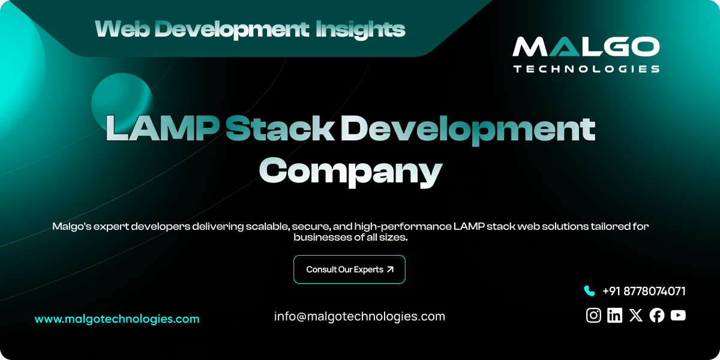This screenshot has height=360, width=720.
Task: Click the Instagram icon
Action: pyautogui.click(x=593, y=315)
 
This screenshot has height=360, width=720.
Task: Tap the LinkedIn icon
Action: pyautogui.click(x=614, y=315)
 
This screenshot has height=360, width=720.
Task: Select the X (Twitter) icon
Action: pyautogui.click(x=636, y=315)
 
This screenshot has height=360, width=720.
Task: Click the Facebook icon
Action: pyautogui.click(x=657, y=315)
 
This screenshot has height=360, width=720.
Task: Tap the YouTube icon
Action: pyautogui.click(x=678, y=315)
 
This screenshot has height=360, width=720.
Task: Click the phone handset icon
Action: pyautogui.click(x=589, y=291)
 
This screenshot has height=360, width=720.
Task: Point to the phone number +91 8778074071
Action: pyautogui.click(x=644, y=291)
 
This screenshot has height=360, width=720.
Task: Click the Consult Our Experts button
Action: pyautogui.click(x=349, y=269)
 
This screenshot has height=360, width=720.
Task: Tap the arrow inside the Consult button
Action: pyautogui.click(x=391, y=269)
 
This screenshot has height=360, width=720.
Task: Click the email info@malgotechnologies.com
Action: pyautogui.click(x=359, y=316)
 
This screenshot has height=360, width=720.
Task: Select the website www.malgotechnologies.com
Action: pyautogui.click(x=117, y=319)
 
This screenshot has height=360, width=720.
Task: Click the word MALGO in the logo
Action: pyautogui.click(x=586, y=47)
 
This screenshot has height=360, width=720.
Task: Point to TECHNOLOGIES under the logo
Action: pyautogui.click(x=586, y=69)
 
